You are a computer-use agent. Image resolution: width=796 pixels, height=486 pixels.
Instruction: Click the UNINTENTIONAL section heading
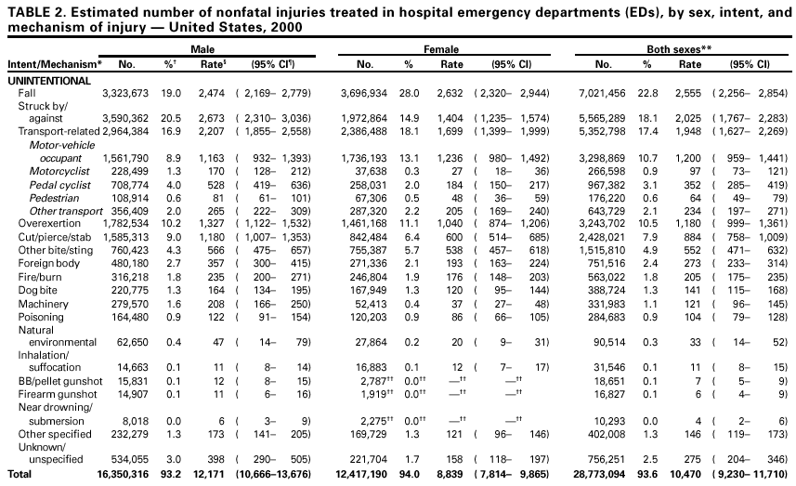pyautogui.click(x=48, y=81)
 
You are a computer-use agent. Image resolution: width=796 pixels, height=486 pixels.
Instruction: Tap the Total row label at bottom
pyautogui.click(x=20, y=474)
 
